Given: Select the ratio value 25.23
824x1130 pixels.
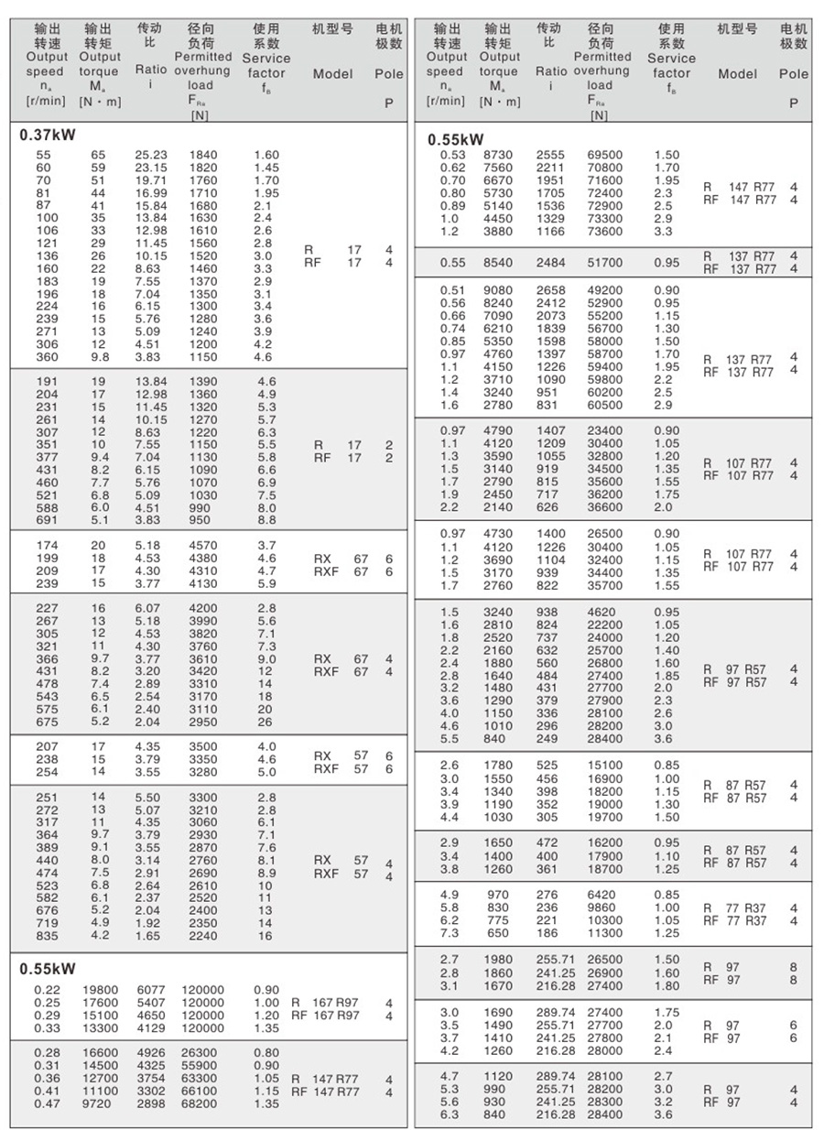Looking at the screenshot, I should pos(151,156).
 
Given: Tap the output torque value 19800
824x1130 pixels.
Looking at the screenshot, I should pos(101,989).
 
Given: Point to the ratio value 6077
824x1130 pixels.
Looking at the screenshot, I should pos(151,989).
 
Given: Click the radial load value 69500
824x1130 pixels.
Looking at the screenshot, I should pos(604,156).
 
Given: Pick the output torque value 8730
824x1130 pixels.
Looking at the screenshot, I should pos(499,156).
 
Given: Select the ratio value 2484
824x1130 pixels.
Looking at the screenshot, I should pos(551,263).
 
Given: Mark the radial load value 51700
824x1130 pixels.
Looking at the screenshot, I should pos(604,263).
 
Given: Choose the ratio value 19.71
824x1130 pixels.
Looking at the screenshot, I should pos(151,181).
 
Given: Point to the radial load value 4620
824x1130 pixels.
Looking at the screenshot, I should pos(604,612).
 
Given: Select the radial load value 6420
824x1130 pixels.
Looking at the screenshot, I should pos(604,895).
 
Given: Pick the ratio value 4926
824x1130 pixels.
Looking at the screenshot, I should pos(151,1053).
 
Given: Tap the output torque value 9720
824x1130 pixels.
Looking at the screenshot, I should pos(101,1104).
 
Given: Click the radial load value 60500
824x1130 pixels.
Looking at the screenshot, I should pos(604,405).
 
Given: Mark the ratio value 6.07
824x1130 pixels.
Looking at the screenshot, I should pos(151,608).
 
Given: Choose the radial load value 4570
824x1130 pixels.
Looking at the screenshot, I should pos(202,546).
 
